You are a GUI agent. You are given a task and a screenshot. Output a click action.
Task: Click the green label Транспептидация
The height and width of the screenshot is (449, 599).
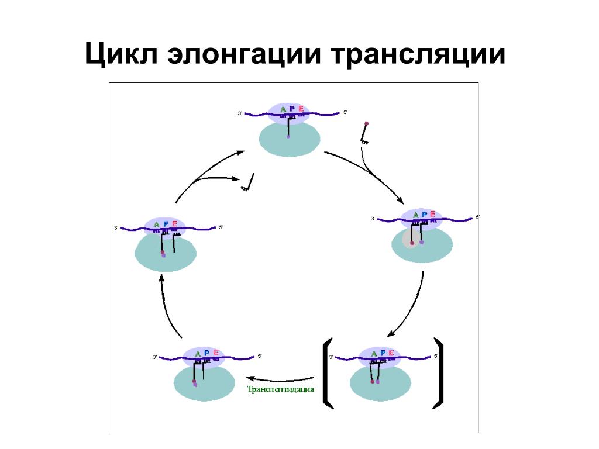[x=281, y=389]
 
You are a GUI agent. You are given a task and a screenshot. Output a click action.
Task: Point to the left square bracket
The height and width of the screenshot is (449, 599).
[x=327, y=373]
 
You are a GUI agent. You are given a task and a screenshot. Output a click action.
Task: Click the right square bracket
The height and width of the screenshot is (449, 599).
[x=438, y=373]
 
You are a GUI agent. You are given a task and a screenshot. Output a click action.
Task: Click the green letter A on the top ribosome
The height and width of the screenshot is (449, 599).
[x=283, y=109]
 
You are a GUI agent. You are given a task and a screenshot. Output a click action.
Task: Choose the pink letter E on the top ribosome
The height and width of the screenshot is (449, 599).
[x=301, y=109]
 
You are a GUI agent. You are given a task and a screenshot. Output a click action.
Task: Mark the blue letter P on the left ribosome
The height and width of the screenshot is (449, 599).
[x=166, y=224]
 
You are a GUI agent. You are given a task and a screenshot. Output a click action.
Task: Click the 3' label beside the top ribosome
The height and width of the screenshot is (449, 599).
[x=240, y=113]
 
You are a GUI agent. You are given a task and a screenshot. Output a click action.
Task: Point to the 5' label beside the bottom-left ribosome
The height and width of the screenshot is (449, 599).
[x=260, y=355]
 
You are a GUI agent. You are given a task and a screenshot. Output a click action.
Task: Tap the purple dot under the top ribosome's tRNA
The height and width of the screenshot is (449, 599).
[x=288, y=137]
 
